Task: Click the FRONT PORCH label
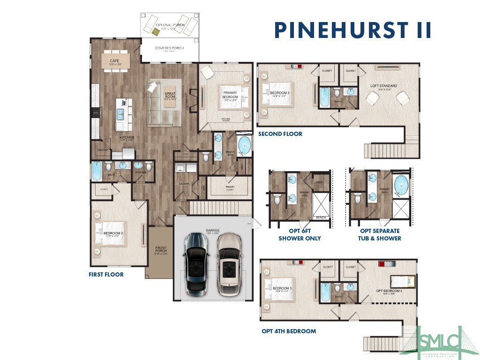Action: pos(161,251)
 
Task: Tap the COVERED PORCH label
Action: pos(169,48)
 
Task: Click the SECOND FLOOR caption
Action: pos(280,134)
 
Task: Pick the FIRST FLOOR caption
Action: pos(106,275)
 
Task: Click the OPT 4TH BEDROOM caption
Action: pos(289,331)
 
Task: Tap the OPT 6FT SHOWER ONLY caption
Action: pos(300,235)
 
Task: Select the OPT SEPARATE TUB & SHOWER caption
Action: pos(380,235)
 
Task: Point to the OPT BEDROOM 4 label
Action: pos(389,291)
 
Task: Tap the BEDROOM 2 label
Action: pos(113,233)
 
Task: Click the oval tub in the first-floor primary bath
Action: pos(245,146)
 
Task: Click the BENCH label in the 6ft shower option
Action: pos(321,217)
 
